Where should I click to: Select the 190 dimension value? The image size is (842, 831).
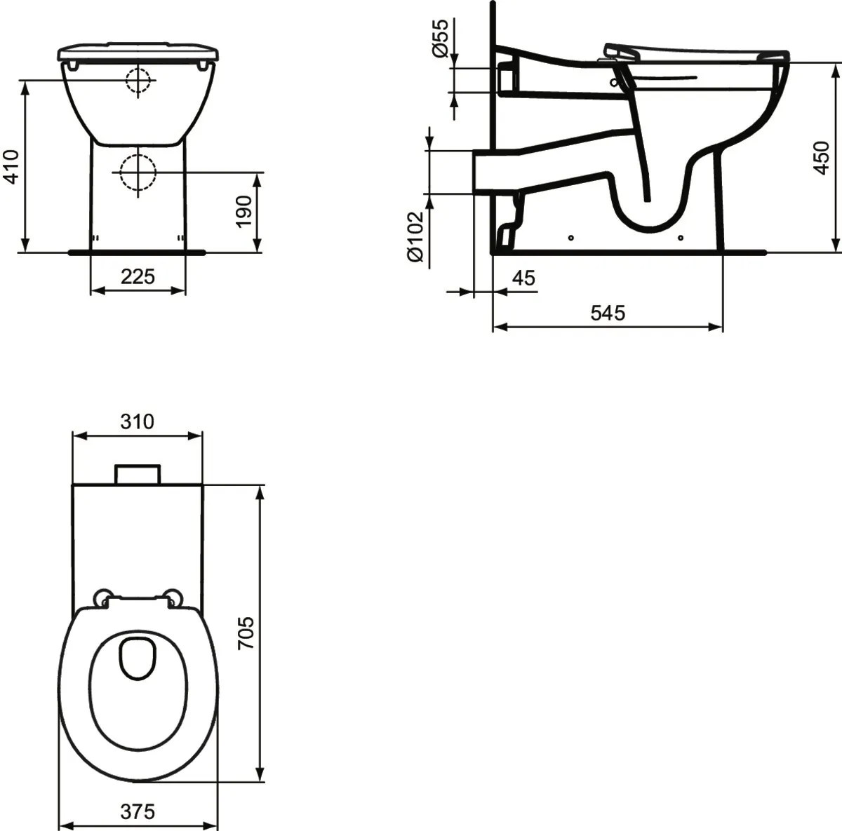click(243, 210)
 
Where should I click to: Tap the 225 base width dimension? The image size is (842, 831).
click(138, 276)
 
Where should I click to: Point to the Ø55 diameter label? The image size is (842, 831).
click(439, 39)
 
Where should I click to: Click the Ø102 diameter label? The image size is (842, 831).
click(415, 237)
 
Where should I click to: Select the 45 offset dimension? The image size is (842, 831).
click(523, 278)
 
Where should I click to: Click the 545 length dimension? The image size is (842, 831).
click(607, 313)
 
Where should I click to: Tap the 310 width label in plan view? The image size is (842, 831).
click(137, 421)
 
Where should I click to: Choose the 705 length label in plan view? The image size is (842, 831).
click(246, 633)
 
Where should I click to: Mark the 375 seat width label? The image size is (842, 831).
click(138, 811)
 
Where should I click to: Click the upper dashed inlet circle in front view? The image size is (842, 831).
click(138, 80)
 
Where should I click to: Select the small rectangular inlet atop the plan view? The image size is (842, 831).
click(138, 474)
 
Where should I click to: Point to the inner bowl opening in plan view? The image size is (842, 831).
click(138, 657)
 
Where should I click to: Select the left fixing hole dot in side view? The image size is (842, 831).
click(570, 238)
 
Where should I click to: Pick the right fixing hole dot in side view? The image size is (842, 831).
click(681, 238)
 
